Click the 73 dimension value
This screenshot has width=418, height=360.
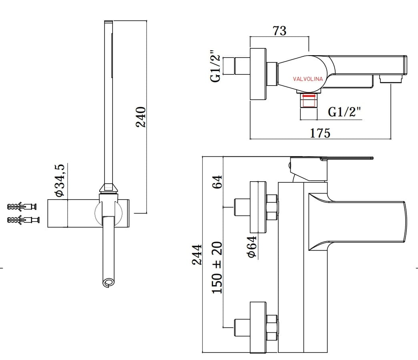pos(280,31)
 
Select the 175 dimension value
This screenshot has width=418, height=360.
pos(320,133)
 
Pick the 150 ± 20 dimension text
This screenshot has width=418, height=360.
pos(217,267)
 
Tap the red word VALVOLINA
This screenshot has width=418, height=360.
pos(307,79)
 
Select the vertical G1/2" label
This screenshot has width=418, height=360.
pos(215,66)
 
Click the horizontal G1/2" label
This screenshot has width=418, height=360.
pos(344,112)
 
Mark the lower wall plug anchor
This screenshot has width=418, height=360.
pos(23,220)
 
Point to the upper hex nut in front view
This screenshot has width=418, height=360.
pos(272,207)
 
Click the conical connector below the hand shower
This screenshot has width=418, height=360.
pos(109,188)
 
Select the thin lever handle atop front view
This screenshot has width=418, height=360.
pos(347,158)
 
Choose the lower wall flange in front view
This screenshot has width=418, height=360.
pos(258,327)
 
